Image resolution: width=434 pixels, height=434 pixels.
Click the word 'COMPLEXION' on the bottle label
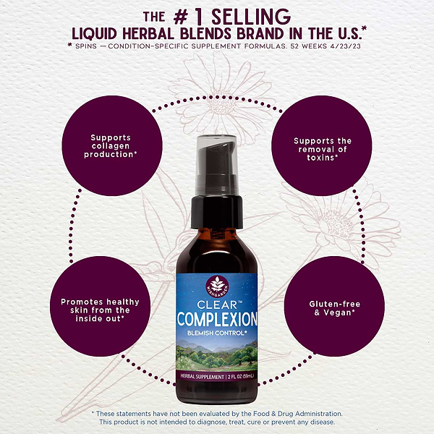[x=218, y=318]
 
